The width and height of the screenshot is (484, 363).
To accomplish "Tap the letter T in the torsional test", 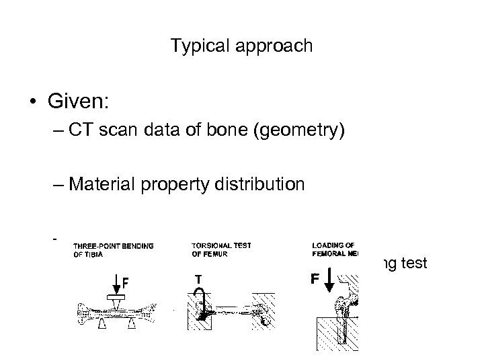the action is pyautogui.click(x=198, y=279).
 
